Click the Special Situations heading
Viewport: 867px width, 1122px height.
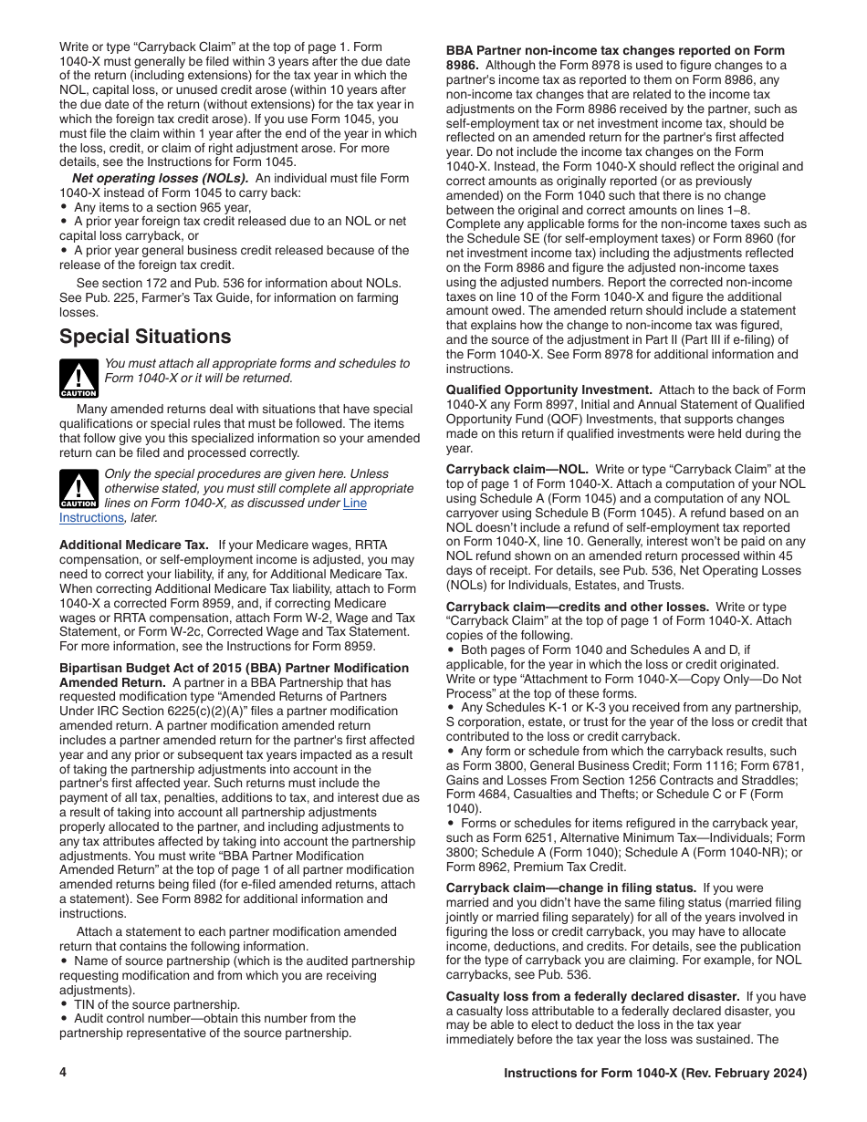pyautogui.click(x=145, y=337)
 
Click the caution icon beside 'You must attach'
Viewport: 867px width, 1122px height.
pyautogui.click(x=78, y=378)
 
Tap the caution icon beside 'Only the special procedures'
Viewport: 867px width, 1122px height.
pyautogui.click(x=78, y=489)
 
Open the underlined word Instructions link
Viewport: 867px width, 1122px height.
pyautogui.click(x=91, y=517)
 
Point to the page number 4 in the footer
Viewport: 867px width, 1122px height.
pyautogui.click(x=63, y=1074)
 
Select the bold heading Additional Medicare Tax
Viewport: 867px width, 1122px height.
pyautogui.click(x=134, y=545)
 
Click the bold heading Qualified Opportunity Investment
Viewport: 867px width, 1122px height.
pyautogui.click(x=548, y=390)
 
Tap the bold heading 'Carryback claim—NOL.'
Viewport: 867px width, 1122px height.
pyautogui.click(x=517, y=469)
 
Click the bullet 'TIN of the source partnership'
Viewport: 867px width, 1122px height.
pyautogui.click(x=155, y=1004)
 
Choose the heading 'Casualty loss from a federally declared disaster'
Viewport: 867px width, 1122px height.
pyautogui.click(x=592, y=996)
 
